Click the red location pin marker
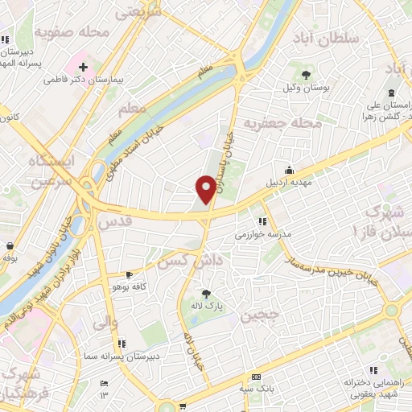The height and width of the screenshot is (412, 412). click(x=205, y=188)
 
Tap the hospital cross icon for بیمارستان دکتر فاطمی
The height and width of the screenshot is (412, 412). click(x=84, y=64)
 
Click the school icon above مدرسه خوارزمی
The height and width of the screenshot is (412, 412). click(x=262, y=221)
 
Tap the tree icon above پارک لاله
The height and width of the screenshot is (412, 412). click(x=206, y=293)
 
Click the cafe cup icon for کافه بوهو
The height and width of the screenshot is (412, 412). click(x=128, y=274)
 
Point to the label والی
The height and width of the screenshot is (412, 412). click(x=105, y=323)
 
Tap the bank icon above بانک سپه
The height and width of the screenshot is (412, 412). click(x=256, y=377)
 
